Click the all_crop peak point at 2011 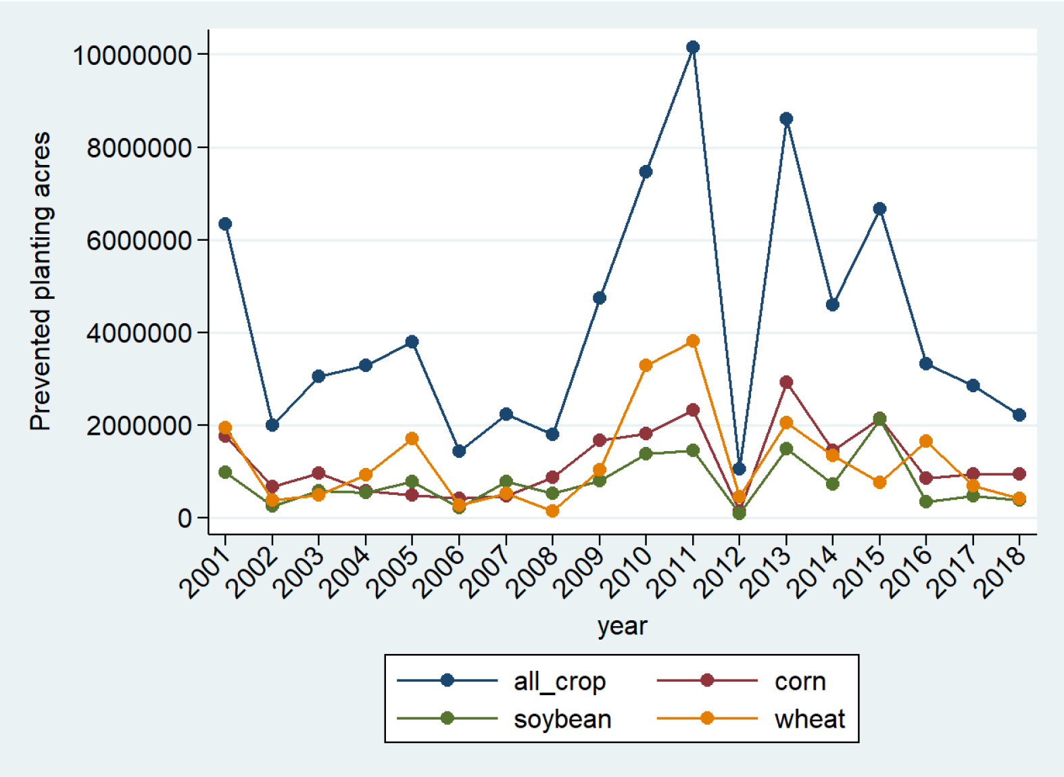click(692, 47)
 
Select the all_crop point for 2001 click(225, 224)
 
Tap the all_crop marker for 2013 click(786, 119)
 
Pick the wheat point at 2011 click(692, 341)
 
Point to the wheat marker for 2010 click(646, 365)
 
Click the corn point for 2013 click(786, 382)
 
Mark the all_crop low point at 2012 click(739, 469)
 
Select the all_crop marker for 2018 click(1019, 415)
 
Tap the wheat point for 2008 click(552, 511)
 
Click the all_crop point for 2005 click(412, 342)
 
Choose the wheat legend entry click(809, 719)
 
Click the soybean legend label click(562, 719)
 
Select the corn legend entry click(800, 681)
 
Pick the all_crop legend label click(559, 681)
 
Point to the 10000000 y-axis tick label click(132, 55)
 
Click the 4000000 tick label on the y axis click(139, 333)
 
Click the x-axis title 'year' click(622, 626)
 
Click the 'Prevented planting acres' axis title click(41, 281)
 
